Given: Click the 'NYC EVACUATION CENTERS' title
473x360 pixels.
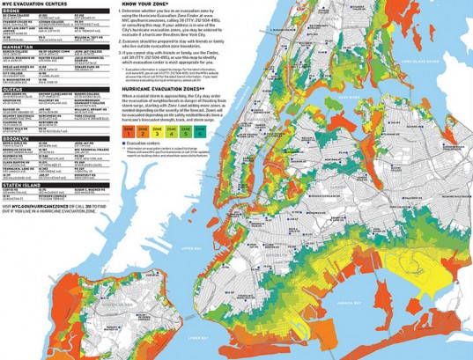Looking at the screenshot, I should pos(39,4).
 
